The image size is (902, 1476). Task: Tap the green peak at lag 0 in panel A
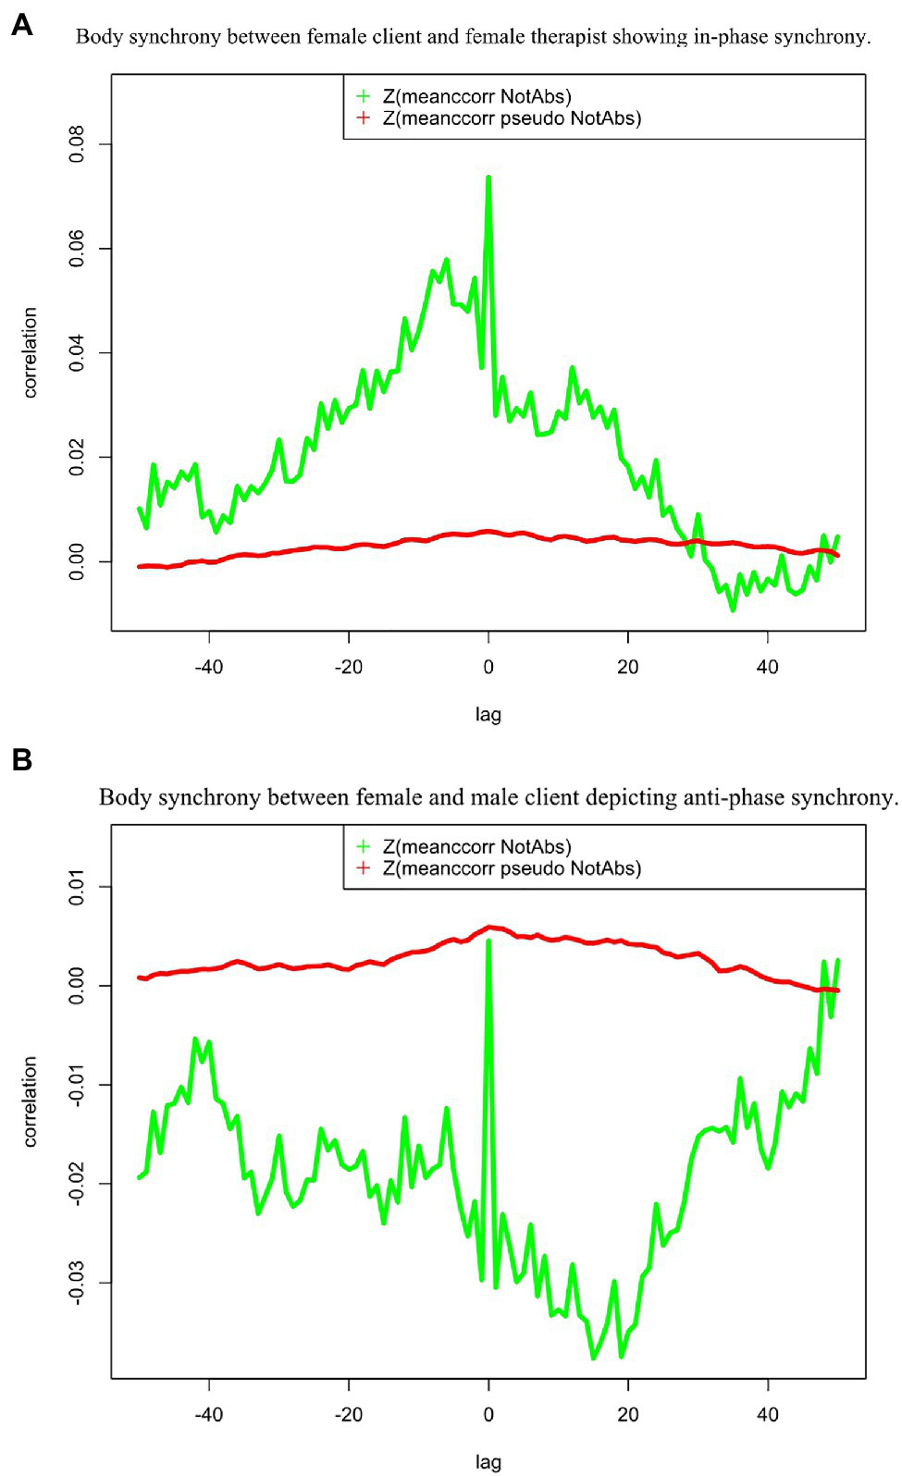coord(488,178)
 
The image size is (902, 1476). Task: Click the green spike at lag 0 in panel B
coord(488,942)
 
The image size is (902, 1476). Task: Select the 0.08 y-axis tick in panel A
coord(77,144)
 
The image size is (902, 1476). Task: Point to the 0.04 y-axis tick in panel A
coord(77,353)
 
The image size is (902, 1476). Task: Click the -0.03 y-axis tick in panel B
coord(77,1282)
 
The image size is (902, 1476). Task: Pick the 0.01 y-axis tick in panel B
coord(77,886)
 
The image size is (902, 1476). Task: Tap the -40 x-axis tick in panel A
coord(209,667)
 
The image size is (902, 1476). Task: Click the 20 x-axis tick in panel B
coord(628,1414)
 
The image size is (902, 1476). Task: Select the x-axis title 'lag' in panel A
coord(488,714)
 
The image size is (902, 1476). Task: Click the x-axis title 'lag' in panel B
coord(488,1462)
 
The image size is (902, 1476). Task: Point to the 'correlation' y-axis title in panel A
coord(31,353)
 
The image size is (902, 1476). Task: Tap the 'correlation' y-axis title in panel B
coord(31,1101)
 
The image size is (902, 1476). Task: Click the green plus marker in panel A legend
coord(364,96)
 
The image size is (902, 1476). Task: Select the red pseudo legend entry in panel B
coord(512,868)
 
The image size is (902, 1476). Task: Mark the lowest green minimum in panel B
coord(594,1358)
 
